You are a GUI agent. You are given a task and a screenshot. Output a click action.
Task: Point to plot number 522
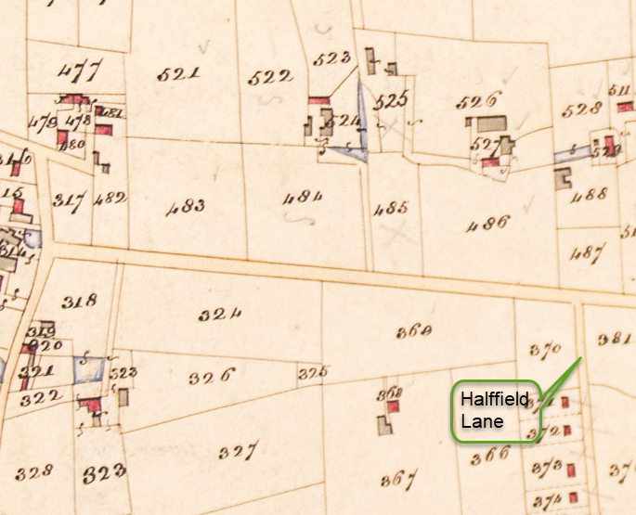pyautogui.click(x=271, y=79)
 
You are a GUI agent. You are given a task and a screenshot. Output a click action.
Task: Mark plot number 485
pyautogui.click(x=390, y=209)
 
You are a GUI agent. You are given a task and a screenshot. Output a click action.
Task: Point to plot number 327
pyautogui.click(x=238, y=452)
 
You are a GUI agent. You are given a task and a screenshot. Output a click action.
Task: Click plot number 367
pyautogui.click(x=397, y=480)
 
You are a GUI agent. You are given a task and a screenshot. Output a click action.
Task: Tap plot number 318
pyautogui.click(x=82, y=301)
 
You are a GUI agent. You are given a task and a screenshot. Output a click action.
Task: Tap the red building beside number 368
pyautogui.click(x=393, y=406)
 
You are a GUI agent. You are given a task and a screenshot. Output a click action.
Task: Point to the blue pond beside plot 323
pyautogui.click(x=87, y=369)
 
